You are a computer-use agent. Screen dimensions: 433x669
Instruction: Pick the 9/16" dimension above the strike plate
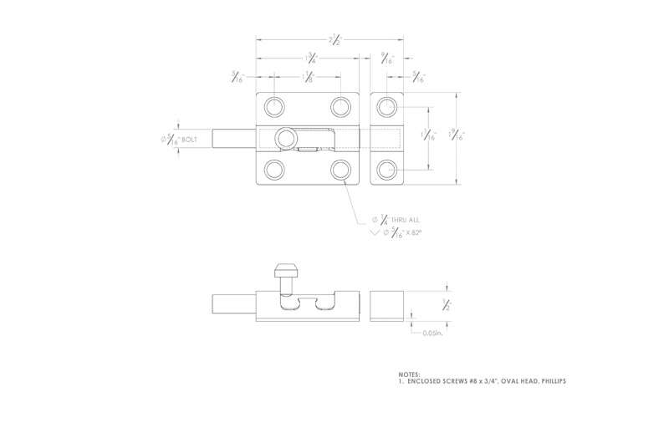(386, 59)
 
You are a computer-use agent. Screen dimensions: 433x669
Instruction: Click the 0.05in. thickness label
(432, 333)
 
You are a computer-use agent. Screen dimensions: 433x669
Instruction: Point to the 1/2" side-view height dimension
(447, 304)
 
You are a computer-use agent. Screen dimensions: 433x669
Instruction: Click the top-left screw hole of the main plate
(273, 106)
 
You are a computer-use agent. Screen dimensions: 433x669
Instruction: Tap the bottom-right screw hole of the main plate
(340, 169)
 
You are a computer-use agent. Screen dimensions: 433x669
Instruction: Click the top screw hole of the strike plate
(386, 106)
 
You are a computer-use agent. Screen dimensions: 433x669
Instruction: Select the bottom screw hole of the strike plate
(386, 169)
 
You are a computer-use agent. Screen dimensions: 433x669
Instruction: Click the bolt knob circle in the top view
(286, 137)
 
